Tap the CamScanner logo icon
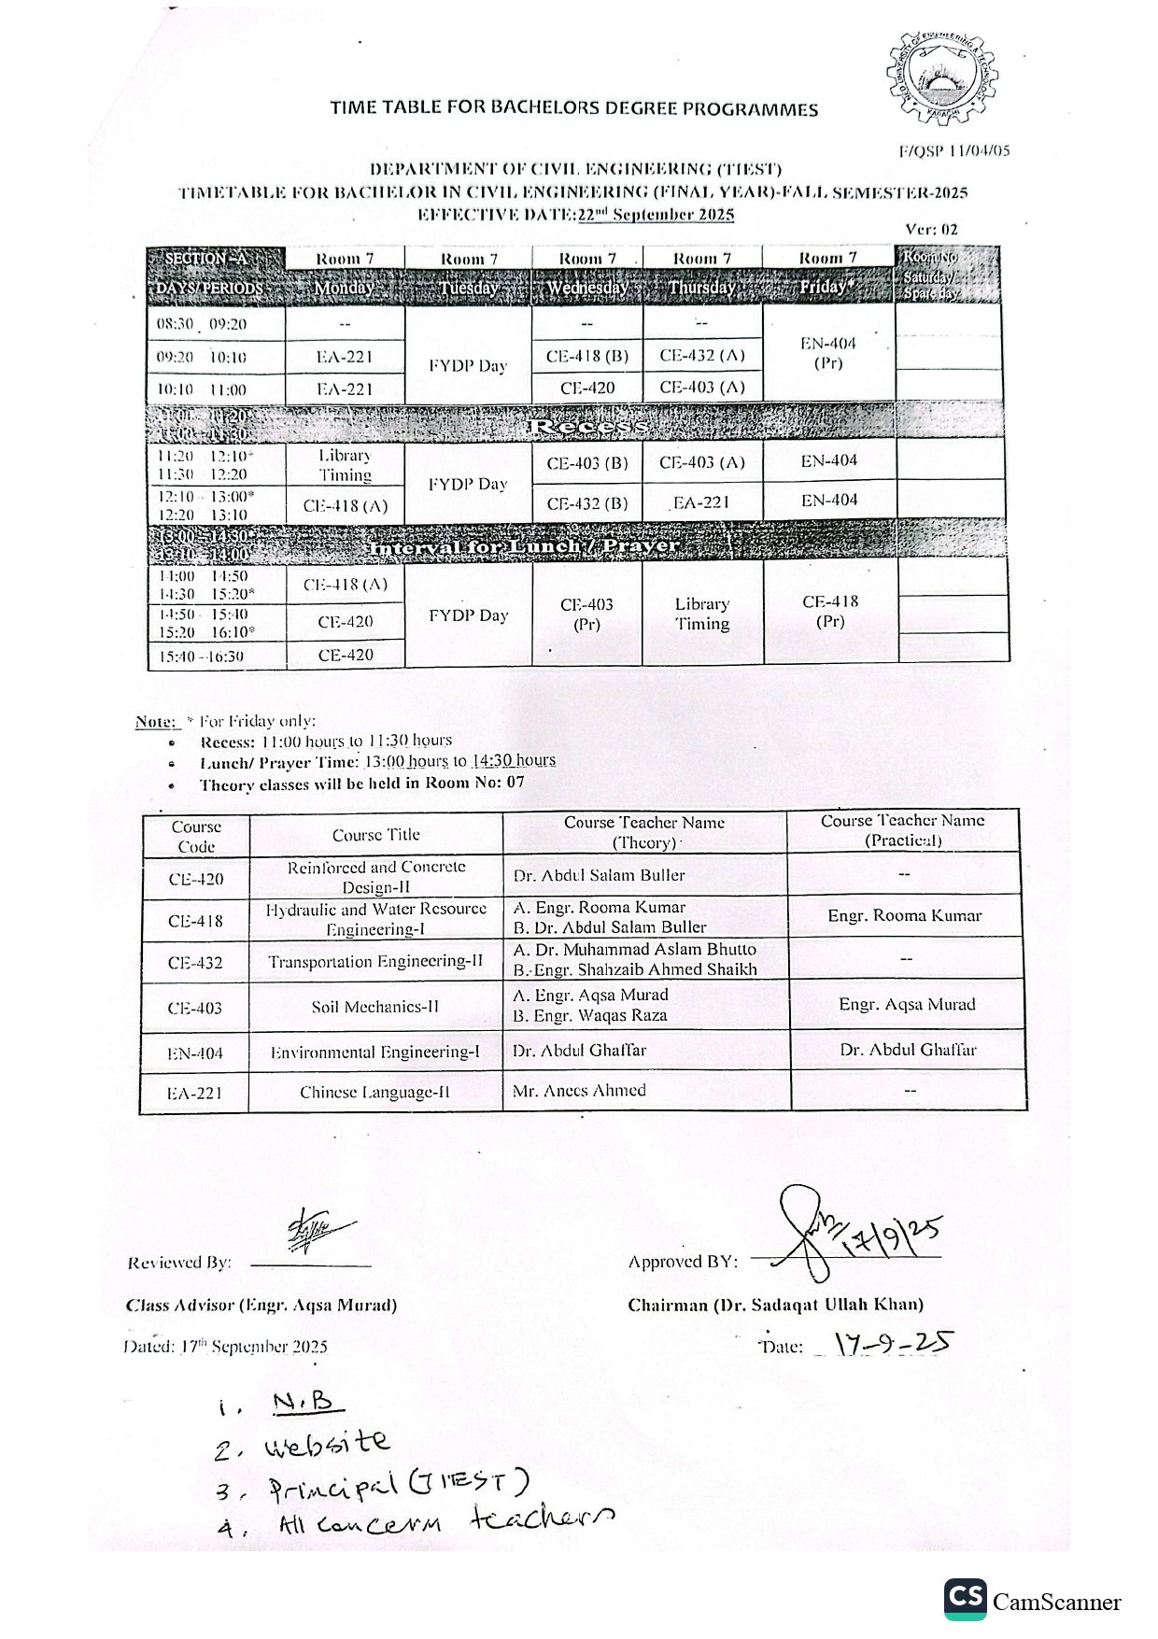(x=965, y=1601)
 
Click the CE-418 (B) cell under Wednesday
(x=587, y=356)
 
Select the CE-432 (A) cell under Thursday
(x=702, y=356)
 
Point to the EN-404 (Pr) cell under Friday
(x=828, y=353)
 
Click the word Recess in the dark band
(x=587, y=428)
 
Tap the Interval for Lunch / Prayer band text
(x=524, y=547)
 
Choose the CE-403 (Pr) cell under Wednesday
(x=586, y=615)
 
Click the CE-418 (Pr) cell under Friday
(x=830, y=611)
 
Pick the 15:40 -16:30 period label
(x=201, y=657)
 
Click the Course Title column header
(x=376, y=835)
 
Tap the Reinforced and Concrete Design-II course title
(x=376, y=877)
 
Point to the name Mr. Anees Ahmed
(x=579, y=1090)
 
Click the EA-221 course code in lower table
(x=194, y=1093)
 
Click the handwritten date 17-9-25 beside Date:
(x=892, y=1343)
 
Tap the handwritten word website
(x=327, y=1444)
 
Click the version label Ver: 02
(x=931, y=229)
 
